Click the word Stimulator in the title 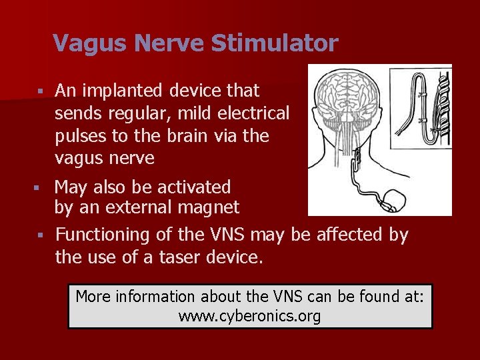pyautogui.click(x=275, y=44)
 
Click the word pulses pyautogui.click(x=81, y=136)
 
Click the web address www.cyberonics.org pyautogui.click(x=249, y=316)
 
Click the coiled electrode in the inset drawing pyautogui.click(x=440, y=107)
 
